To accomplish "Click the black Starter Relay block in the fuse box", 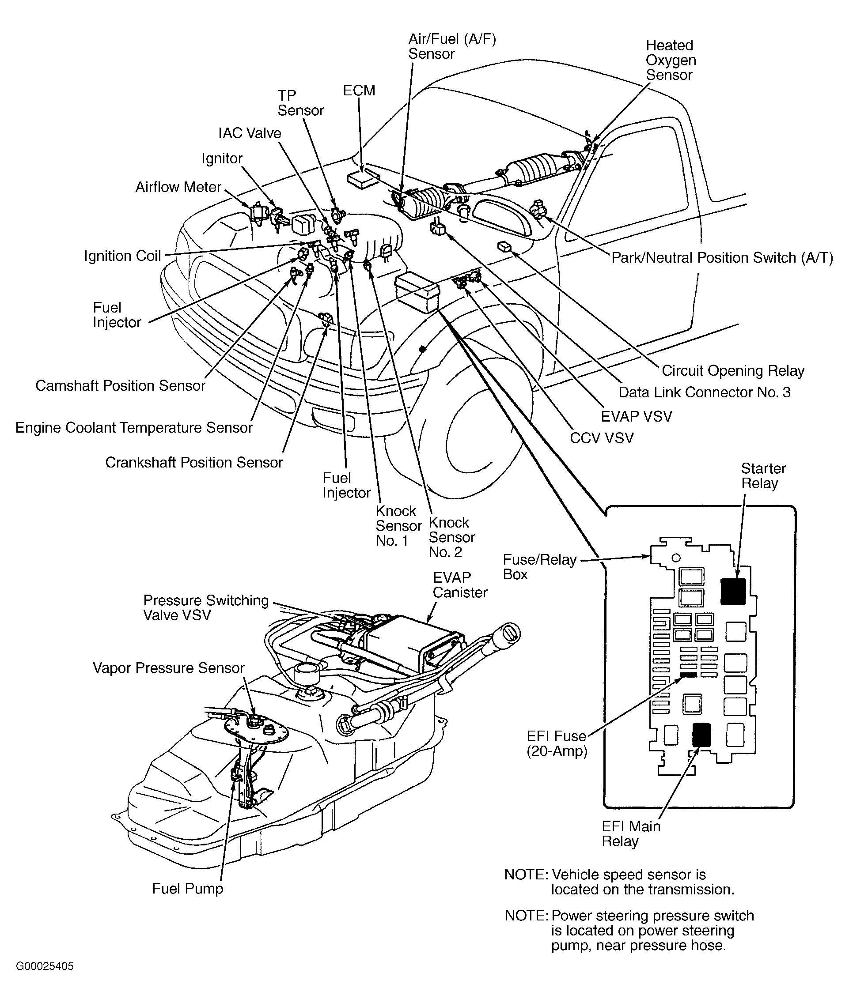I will (x=732, y=591).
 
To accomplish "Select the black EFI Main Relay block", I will (x=701, y=734).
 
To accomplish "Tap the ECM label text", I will (x=359, y=90).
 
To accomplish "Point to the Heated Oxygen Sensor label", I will (x=671, y=60).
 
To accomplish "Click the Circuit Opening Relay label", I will (x=733, y=370).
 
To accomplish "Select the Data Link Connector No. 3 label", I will (x=704, y=392).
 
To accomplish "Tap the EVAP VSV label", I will (x=636, y=416).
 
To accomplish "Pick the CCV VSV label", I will (x=602, y=438).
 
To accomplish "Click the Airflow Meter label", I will (x=178, y=187).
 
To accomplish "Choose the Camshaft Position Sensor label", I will (x=120, y=386).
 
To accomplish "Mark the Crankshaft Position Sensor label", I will (x=194, y=463).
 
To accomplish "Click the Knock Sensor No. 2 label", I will (x=451, y=537).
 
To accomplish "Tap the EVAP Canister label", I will (x=460, y=585).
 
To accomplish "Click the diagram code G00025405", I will (x=45, y=966).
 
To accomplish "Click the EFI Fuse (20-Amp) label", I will (x=557, y=744).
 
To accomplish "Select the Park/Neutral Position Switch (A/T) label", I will (x=722, y=258).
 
